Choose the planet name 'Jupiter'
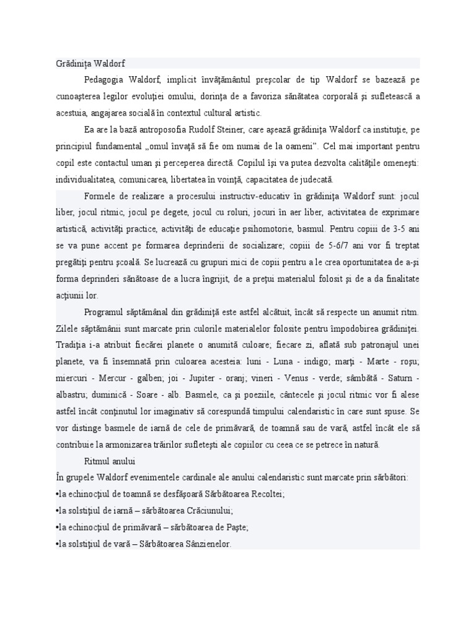tap(203, 378)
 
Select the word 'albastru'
tap(68, 394)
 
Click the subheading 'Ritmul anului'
tap(110, 461)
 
